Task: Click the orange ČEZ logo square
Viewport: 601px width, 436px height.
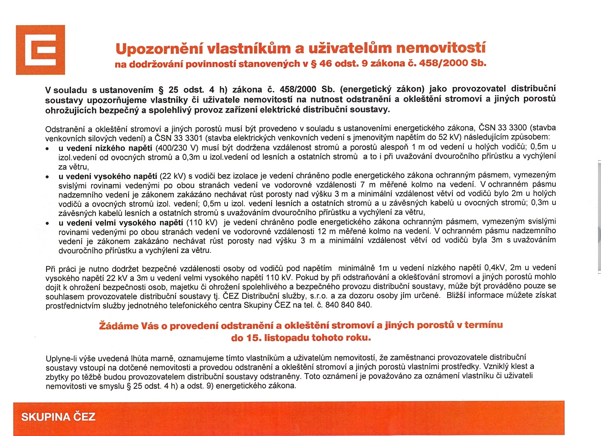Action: click(40, 50)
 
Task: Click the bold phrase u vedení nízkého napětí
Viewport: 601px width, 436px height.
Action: click(106, 148)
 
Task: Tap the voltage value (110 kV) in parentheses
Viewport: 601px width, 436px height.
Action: click(202, 222)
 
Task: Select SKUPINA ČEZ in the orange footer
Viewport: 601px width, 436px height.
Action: click(58, 417)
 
